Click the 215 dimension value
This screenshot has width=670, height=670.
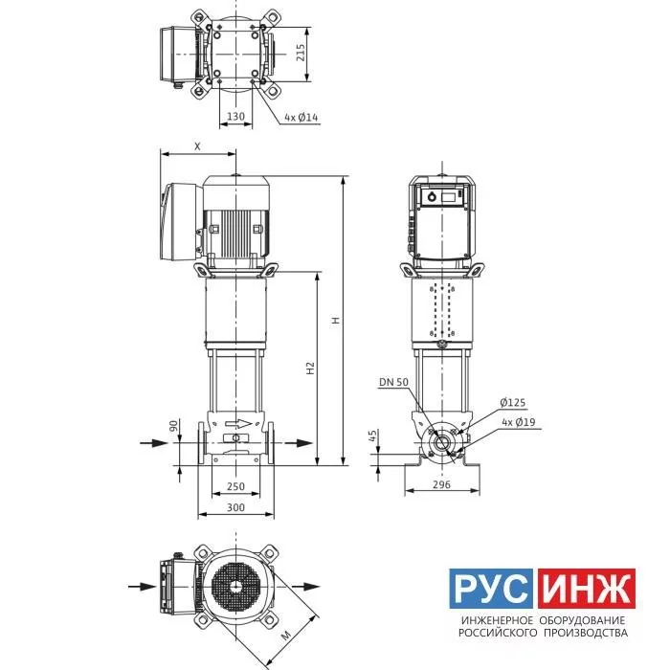pos(301,53)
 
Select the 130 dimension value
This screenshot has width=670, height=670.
pos(235,116)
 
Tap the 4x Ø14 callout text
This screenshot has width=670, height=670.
pos(301,117)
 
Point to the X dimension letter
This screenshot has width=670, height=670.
pos(197,146)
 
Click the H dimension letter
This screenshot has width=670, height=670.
pos(336,320)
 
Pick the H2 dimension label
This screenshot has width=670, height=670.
pos(311,368)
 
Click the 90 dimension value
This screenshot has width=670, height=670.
pos(174,426)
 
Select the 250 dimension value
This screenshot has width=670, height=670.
pos(235,486)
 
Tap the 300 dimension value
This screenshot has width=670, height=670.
pos(235,507)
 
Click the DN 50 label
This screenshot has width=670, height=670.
pos(394,382)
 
